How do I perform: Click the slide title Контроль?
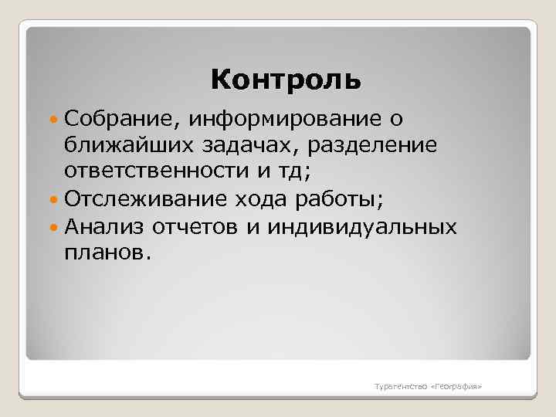pyautogui.click(x=285, y=80)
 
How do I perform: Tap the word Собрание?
pyautogui.click(x=122, y=118)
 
